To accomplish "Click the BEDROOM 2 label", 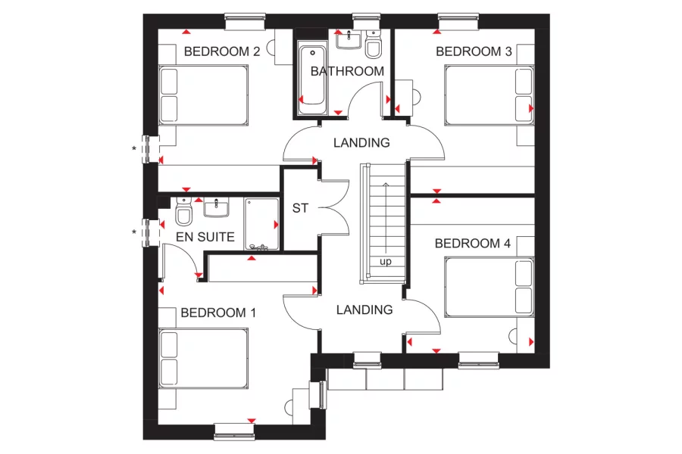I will click(x=222, y=52).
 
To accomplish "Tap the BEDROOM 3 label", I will click(x=474, y=51).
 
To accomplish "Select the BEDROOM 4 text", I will click(x=473, y=244).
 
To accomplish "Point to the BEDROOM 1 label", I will click(x=213, y=313).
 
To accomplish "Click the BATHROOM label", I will click(x=347, y=71).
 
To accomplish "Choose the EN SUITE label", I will click(x=205, y=237).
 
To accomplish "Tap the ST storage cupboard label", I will click(x=300, y=208).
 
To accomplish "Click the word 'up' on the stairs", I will click(x=386, y=262).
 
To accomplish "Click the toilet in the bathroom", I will click(x=372, y=47).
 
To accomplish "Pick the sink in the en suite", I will click(x=217, y=206).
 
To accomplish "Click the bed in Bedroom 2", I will click(x=203, y=95).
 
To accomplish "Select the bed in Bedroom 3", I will click(x=489, y=95).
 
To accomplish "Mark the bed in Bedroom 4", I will click(x=489, y=287).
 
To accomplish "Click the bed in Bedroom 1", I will click(x=203, y=359).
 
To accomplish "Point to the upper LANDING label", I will click(x=361, y=142).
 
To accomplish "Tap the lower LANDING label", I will click(x=364, y=309).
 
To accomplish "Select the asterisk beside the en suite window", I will click(x=134, y=232).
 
